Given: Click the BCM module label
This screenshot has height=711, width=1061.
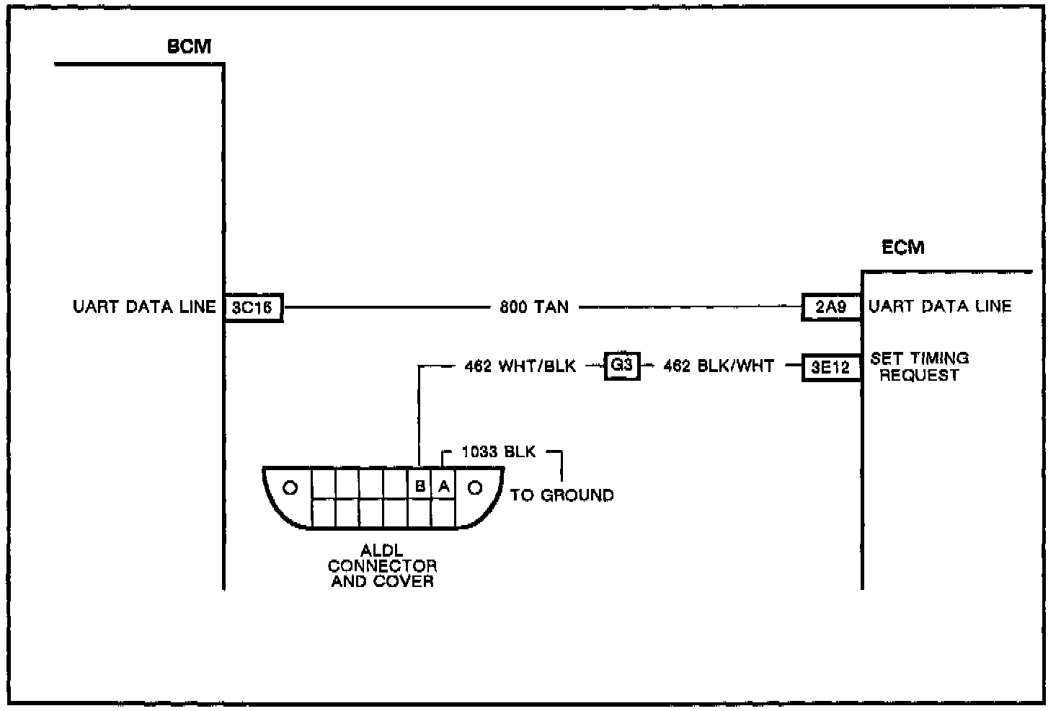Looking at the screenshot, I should tap(189, 47).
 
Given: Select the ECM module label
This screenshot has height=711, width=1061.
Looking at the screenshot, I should tap(902, 247).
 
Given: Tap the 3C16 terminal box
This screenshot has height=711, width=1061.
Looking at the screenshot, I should tap(253, 308).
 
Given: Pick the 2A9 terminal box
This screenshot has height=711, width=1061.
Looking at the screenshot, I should tap(831, 308).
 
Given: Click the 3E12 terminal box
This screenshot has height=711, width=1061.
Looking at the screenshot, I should tap(831, 367).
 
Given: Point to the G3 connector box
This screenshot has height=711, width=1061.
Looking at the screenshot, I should tap(621, 366).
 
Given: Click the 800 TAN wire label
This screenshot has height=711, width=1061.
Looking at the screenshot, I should tap(534, 308).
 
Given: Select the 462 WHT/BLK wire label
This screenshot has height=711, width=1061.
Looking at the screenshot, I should tap(520, 366).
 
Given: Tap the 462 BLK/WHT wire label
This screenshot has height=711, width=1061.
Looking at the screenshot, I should tap(718, 366).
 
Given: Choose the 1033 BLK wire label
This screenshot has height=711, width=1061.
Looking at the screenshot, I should tap(499, 452).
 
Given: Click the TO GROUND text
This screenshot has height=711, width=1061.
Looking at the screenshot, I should tap(562, 495).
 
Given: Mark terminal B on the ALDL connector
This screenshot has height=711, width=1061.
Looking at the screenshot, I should tap(420, 487).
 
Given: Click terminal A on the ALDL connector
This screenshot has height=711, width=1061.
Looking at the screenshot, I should tap(444, 487).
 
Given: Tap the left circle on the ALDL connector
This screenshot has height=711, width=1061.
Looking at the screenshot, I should tap(290, 488).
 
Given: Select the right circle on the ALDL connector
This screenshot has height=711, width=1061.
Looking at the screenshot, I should tap(475, 488).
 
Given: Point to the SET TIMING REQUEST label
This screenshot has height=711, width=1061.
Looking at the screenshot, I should tap(919, 366).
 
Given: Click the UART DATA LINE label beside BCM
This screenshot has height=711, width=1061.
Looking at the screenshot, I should tap(144, 307).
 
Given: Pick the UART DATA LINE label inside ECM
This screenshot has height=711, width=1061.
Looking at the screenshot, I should tap(940, 306).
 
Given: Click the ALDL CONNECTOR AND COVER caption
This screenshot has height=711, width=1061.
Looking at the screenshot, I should tap(382, 566).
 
